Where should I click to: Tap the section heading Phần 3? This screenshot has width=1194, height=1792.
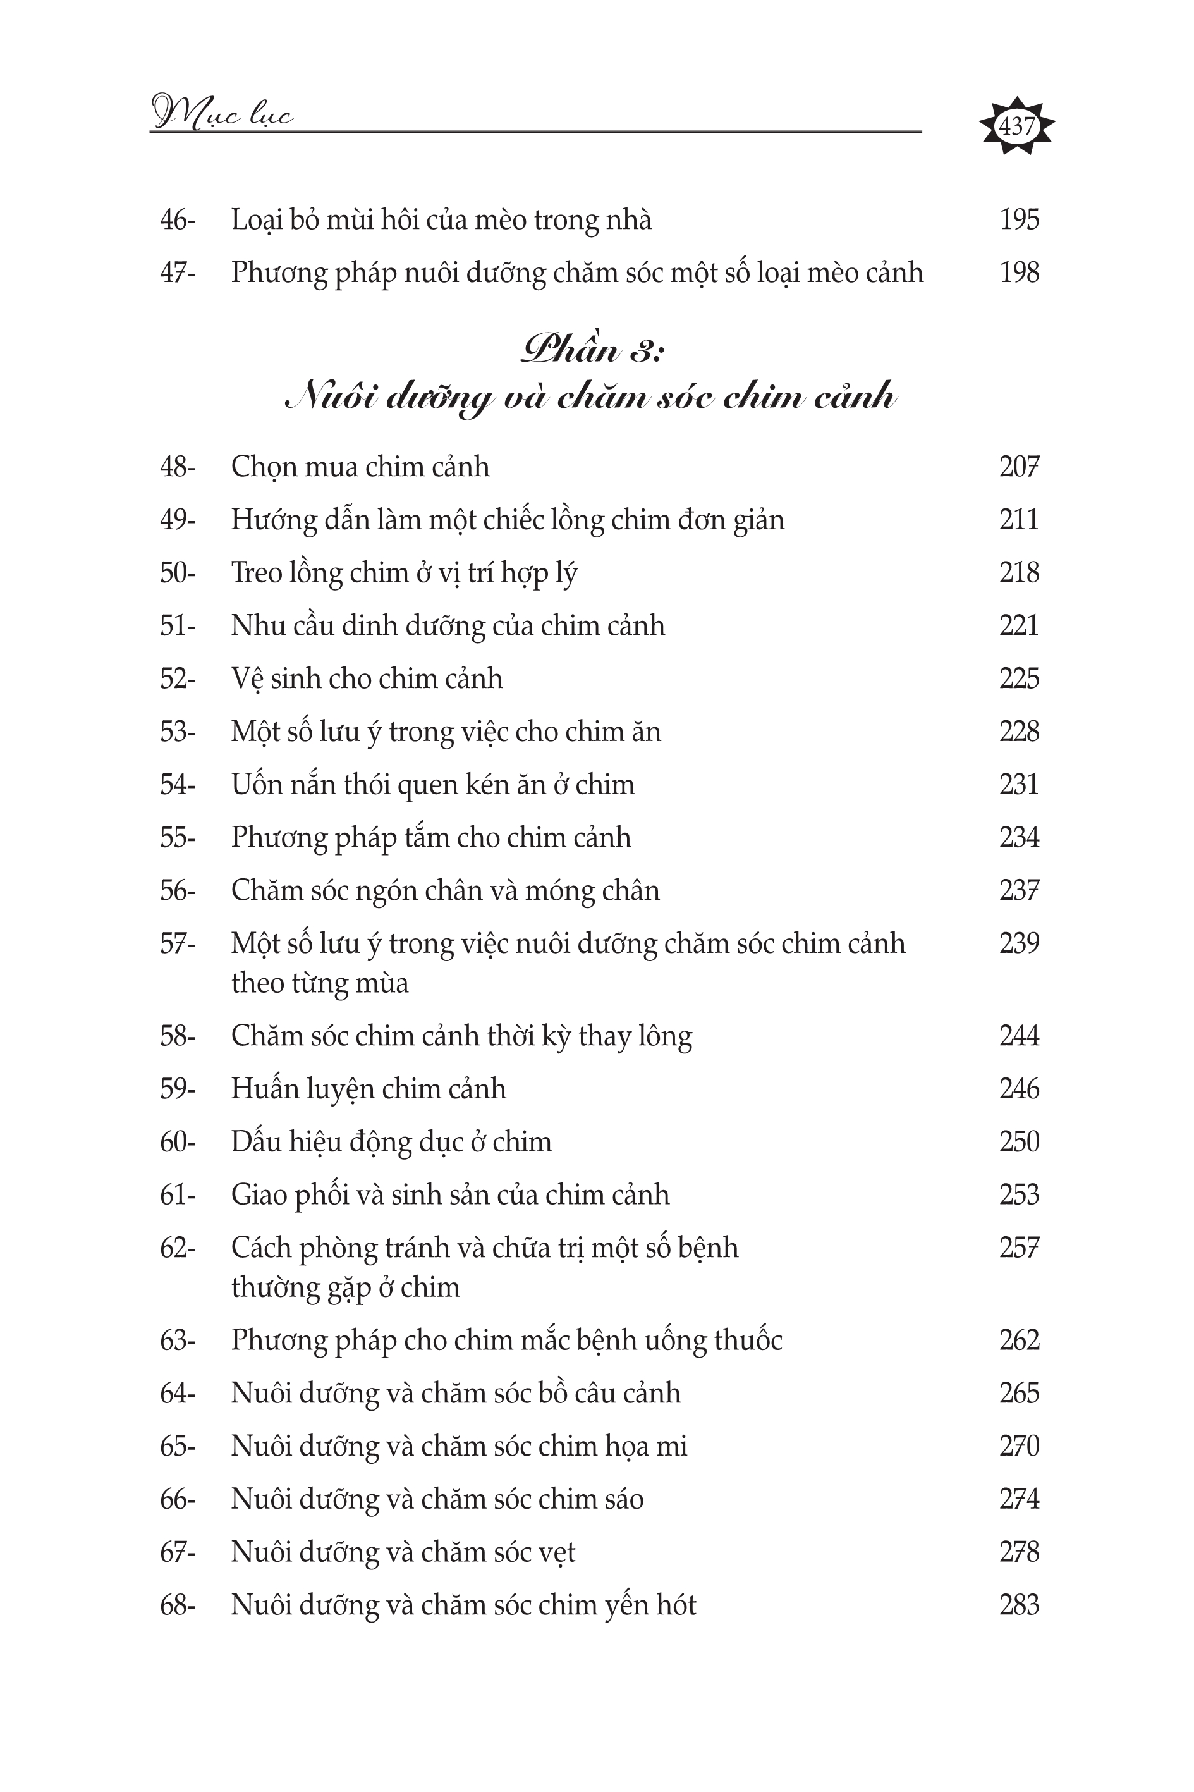click(592, 350)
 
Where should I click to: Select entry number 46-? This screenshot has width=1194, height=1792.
click(178, 220)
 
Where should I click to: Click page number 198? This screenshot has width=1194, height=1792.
click(1019, 273)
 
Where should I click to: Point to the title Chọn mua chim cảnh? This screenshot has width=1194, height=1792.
click(360, 467)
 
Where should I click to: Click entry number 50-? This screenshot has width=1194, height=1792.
click(178, 573)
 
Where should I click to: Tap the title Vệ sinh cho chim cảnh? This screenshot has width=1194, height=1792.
click(367, 678)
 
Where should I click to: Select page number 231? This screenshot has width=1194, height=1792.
click(1019, 785)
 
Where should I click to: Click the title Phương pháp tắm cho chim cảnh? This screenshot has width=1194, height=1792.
click(431, 838)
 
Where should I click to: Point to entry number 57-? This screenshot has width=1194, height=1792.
click(178, 943)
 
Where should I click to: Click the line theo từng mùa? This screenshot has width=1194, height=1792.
click(320, 983)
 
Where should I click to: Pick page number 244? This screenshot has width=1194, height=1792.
click(1019, 1036)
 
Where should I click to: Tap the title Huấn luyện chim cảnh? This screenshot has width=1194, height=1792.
click(369, 1089)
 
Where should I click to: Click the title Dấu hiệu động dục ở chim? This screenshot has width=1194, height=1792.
click(391, 1141)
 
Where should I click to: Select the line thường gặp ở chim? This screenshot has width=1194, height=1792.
click(346, 1287)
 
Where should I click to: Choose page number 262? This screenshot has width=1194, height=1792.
click(1019, 1340)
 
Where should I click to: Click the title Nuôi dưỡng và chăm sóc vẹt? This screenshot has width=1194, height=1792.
click(403, 1551)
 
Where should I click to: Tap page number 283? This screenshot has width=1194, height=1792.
click(1019, 1605)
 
